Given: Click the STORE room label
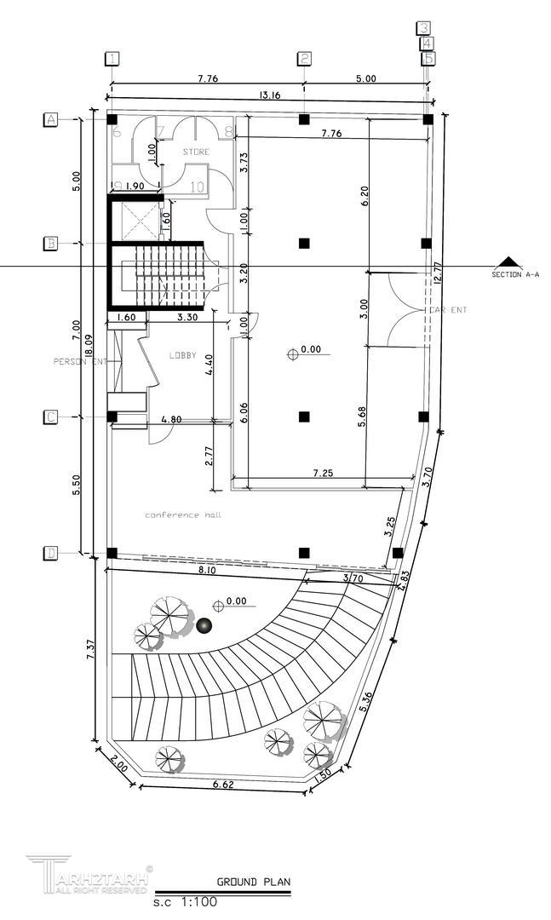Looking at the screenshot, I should (196, 152).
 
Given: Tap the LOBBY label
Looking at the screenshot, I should (183, 354).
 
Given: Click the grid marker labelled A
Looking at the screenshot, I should (51, 120).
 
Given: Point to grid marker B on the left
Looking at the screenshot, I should (51, 244).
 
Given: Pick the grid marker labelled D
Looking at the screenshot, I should (51, 554).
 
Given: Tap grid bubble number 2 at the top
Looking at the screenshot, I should (304, 59).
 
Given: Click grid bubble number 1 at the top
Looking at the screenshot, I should (112, 59).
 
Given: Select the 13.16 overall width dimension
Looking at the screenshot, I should (269, 95).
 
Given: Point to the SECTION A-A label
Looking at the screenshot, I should (515, 274).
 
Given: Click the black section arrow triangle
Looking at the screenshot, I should (508, 262).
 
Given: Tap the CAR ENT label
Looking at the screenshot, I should (446, 311).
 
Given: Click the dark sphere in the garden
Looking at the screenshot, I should (204, 626).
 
